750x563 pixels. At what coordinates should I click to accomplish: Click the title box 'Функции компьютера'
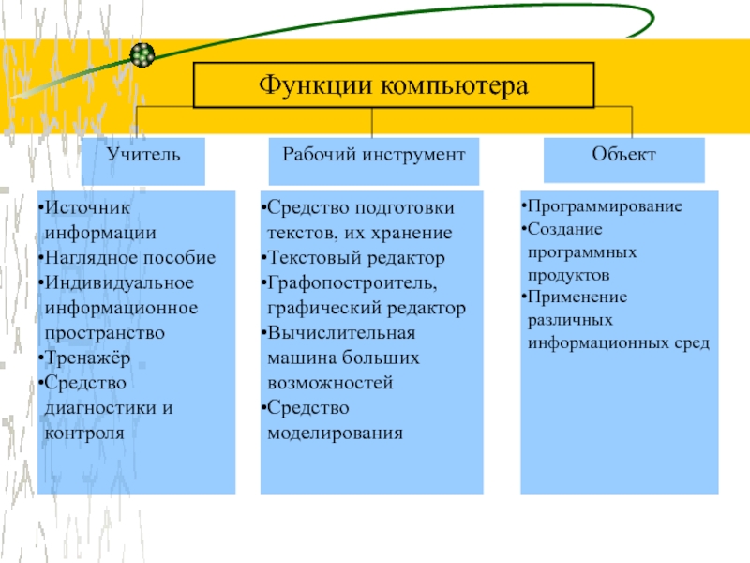point(393,85)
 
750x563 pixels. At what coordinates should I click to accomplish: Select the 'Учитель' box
point(143,153)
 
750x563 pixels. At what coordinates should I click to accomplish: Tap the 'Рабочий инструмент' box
point(374,153)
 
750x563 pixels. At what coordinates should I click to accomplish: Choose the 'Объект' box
point(624,152)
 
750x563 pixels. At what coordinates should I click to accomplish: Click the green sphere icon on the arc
point(142,54)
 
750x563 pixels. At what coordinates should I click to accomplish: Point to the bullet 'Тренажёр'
point(82,358)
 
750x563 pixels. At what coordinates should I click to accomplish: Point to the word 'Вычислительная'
point(340,332)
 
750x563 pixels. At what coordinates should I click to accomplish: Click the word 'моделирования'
point(335,434)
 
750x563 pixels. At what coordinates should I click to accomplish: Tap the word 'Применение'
point(569,297)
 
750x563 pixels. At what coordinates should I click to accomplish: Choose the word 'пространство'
point(104,332)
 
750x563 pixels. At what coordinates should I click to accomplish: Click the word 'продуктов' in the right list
point(568,276)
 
